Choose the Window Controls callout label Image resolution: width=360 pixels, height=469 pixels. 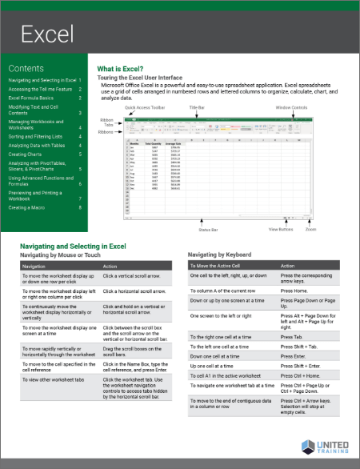292,106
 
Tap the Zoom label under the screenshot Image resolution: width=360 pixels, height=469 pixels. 310,229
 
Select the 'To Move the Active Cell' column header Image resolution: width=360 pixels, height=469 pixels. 216,265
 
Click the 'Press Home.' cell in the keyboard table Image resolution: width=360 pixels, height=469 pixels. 297,291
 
